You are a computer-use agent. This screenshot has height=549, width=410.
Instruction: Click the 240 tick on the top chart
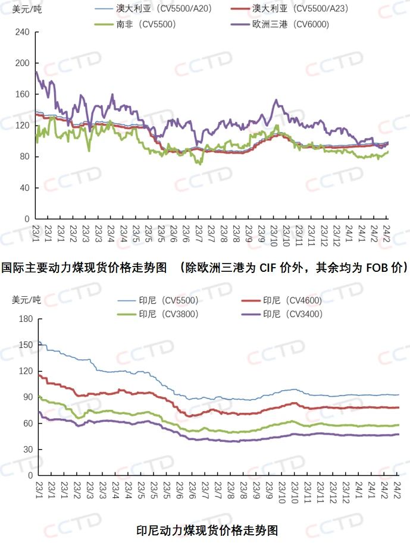[23, 32]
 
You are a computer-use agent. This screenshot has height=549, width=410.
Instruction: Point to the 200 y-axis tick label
[23, 63]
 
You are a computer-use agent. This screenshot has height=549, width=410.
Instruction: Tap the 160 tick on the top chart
[23, 94]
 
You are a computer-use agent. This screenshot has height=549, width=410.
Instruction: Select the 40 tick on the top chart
[25, 188]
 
